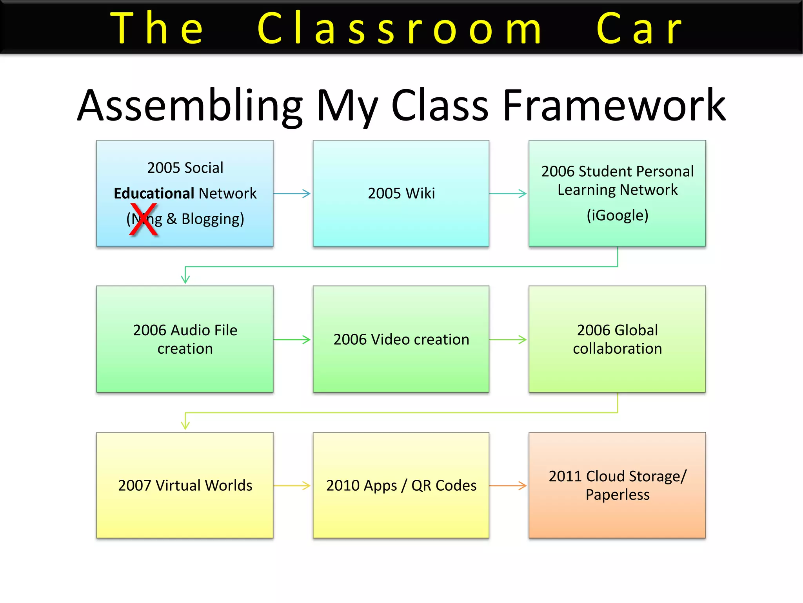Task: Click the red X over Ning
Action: pyautogui.click(x=144, y=220)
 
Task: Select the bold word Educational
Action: pyautogui.click(x=154, y=194)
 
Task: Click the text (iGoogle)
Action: pyautogui.click(x=617, y=216)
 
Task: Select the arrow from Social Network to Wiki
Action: pyautogui.click(x=292, y=194)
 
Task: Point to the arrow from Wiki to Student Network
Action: pyautogui.click(x=508, y=194)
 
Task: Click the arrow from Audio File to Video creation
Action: pyautogui.click(x=292, y=340)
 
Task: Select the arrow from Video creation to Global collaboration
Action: pyautogui.click(x=508, y=340)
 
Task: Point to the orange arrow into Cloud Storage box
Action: pyautogui.click(x=508, y=486)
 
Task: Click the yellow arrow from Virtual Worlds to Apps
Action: pyautogui.click(x=292, y=486)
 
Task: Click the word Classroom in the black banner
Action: pyautogui.click(x=400, y=28)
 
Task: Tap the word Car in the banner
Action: pyautogui.click(x=639, y=28)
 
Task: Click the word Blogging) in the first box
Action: pyautogui.click(x=213, y=219)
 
